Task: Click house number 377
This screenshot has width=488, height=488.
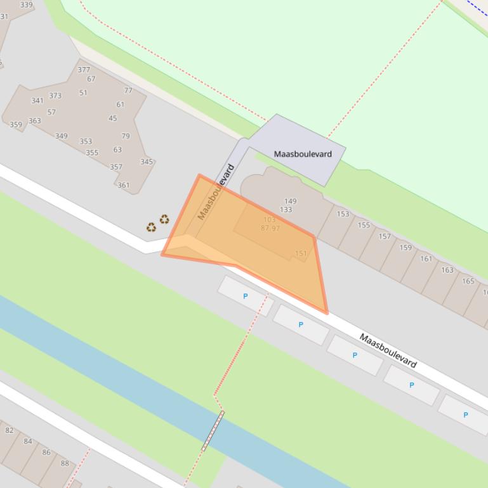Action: (84, 70)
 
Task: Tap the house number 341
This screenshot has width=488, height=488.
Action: (37, 100)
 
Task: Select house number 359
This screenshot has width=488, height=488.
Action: (16, 124)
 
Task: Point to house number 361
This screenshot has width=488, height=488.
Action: (123, 186)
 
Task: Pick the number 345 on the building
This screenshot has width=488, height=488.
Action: (147, 162)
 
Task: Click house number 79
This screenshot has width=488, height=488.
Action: (126, 136)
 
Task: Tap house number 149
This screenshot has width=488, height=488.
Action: (291, 201)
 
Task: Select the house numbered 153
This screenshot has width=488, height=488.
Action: (343, 214)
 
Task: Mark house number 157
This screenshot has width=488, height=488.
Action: (385, 236)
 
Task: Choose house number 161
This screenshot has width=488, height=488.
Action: (426, 259)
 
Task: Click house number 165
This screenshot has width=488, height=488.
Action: (468, 281)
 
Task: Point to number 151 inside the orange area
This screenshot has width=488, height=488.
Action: (301, 253)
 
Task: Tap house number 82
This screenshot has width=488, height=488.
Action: (10, 430)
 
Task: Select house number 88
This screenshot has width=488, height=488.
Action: (65, 463)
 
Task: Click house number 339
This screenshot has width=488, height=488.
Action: (27, 5)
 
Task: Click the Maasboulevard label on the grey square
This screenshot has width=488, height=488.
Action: (303, 153)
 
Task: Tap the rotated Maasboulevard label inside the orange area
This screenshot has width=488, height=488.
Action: (216, 191)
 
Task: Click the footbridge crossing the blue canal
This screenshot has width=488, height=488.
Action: (213, 431)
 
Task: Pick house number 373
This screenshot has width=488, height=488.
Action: (55, 96)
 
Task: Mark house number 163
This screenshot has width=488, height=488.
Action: (447, 270)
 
